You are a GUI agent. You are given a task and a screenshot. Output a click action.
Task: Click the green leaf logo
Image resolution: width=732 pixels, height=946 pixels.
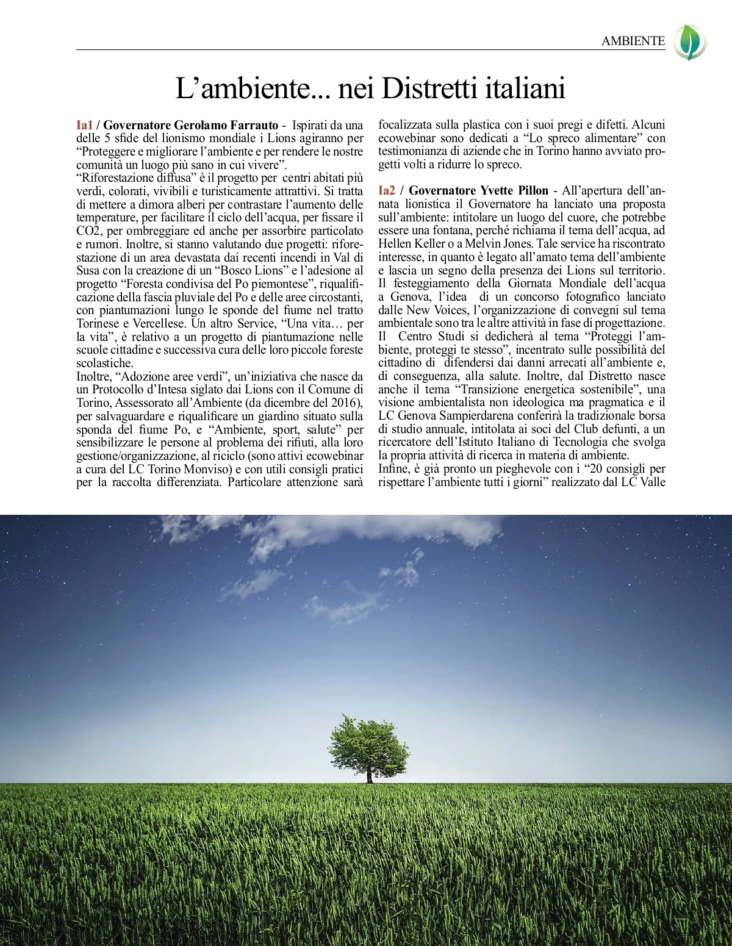coord(691,42)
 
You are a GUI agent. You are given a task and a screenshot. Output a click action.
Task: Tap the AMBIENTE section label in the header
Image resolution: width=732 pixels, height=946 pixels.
coord(633,41)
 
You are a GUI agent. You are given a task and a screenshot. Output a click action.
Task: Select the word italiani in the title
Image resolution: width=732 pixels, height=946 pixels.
coord(525,88)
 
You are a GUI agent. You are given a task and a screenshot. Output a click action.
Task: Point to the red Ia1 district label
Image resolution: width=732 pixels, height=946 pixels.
coord(84,125)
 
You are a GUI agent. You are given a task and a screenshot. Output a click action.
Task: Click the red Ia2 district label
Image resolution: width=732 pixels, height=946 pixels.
coord(387,191)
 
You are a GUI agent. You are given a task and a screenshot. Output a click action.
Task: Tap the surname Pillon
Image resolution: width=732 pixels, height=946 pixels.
coord(533,191)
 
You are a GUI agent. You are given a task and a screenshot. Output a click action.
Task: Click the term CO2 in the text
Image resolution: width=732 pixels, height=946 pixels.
coord(88,231)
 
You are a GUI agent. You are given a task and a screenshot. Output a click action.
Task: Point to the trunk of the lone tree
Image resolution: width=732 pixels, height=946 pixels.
coord(369,776)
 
